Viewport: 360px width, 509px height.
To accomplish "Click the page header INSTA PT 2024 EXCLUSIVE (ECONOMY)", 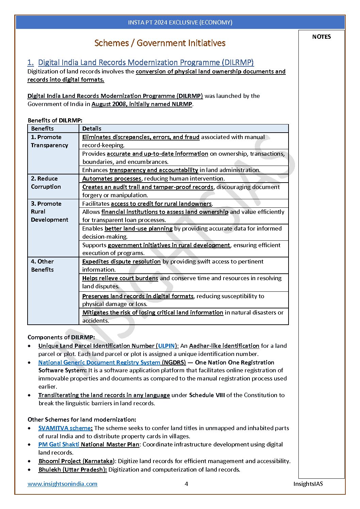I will [x=180, y=22].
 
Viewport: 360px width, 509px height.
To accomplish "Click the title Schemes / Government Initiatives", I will [x=160, y=43].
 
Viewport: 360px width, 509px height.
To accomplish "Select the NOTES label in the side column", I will [x=321, y=37].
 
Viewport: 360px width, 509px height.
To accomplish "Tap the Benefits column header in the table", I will [x=43, y=129].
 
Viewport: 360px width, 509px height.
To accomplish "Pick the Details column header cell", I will [x=92, y=129].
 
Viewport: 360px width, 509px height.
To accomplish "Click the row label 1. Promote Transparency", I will [x=49, y=141].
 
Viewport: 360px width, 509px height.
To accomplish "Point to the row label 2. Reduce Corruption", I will [x=46, y=183].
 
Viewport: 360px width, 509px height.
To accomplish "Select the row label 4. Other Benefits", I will [x=42, y=266].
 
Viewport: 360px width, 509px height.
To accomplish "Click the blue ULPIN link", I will [x=166, y=346].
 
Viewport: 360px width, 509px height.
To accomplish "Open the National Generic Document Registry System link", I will [x=99, y=362].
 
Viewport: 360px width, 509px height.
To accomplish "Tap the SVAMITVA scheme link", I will [x=65, y=428].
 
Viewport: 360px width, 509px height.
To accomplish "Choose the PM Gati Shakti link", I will [x=59, y=444].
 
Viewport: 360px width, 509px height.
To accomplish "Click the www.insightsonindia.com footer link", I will [x=62, y=484].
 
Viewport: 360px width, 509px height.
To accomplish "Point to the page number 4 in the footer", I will [x=186, y=484].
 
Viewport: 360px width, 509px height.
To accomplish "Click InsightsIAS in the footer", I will [x=308, y=484].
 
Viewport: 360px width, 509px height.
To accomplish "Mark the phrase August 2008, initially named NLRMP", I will [x=142, y=104].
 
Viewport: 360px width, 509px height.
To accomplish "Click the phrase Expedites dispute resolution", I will [x=121, y=261].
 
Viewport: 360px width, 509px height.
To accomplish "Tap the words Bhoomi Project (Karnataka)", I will [x=76, y=461].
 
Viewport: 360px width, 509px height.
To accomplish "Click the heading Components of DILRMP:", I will [x=61, y=337].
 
